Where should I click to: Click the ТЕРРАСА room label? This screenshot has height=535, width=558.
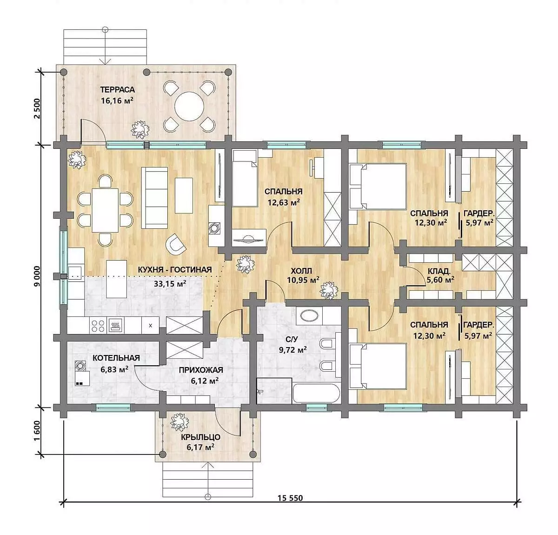coord(117,90)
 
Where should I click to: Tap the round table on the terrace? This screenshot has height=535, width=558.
coord(190,106)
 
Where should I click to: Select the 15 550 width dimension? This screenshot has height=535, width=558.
coord(290,498)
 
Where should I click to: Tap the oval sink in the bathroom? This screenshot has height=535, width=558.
coord(309,315)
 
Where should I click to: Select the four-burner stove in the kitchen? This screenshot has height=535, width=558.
coord(98,326)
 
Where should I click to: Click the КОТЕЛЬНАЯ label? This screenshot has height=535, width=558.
coord(116,358)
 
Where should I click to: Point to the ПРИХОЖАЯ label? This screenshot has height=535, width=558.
coord(201,370)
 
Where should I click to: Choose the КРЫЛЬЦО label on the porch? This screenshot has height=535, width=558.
coord(200,437)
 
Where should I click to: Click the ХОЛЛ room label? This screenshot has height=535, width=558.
coord(301,271)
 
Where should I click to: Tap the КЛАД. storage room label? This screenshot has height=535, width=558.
coord(439,271)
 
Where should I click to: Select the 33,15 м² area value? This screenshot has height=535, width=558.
coord(170,284)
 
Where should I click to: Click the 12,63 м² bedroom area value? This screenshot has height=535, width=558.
coord(284,202)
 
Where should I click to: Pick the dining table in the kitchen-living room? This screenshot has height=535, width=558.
coord(105,210)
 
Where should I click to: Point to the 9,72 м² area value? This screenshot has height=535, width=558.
coord(293,349)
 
